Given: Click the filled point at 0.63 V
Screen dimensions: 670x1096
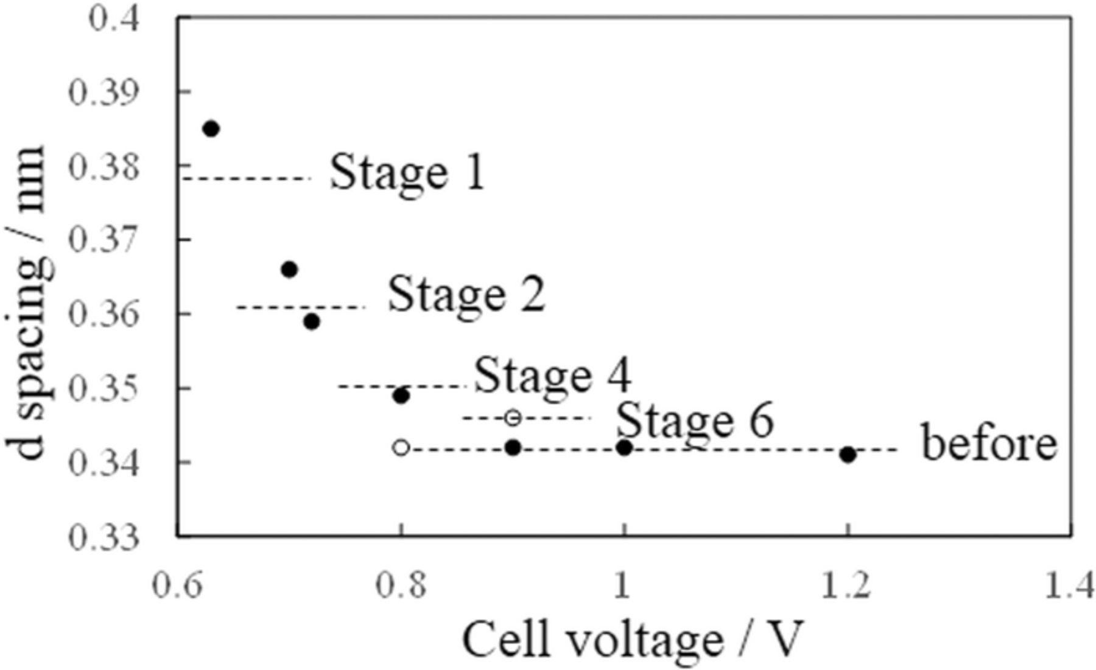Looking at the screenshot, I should click(x=211, y=129).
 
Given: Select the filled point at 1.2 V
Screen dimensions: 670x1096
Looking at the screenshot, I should click(x=848, y=455).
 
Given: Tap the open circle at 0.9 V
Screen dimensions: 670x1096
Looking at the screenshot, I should click(x=513, y=418).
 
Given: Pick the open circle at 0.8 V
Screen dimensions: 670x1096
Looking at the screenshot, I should click(x=401, y=448).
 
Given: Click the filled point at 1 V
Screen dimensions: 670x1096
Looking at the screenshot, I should click(x=624, y=448).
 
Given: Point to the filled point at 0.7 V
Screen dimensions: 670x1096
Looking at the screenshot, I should click(x=289, y=269).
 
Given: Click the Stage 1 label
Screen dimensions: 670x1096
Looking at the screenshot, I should click(x=407, y=172).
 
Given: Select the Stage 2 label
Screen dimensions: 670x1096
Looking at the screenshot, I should click(x=466, y=295).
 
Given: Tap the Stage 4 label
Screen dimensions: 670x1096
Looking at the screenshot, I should click(x=552, y=375).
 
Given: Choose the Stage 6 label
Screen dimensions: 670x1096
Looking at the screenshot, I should click(x=694, y=420).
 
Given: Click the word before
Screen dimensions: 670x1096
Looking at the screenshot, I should click(x=989, y=444).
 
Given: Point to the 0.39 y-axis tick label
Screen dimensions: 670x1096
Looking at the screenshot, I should click(x=104, y=92).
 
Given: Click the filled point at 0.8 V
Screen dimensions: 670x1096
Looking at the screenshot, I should click(x=401, y=396).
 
